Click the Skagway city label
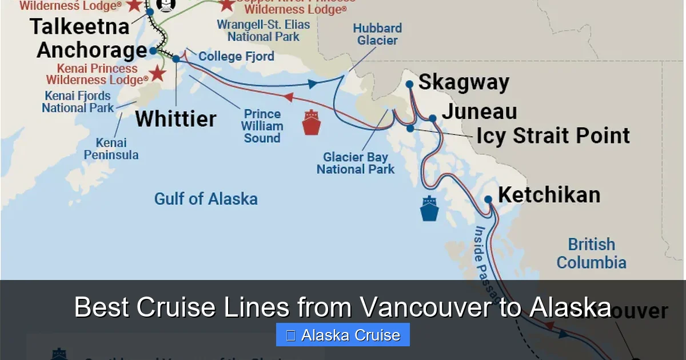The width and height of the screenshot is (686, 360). pyautogui.click(x=464, y=82)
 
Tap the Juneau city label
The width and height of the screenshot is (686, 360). pyautogui.click(x=479, y=111)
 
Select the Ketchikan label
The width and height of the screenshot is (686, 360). pyautogui.click(x=549, y=195)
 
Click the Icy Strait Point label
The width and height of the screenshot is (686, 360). pyautogui.click(x=553, y=136)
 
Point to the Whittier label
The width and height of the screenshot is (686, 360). pyautogui.click(x=176, y=119)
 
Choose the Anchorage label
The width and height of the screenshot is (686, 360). pyautogui.click(x=92, y=50)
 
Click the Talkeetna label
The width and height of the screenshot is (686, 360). pyautogui.click(x=79, y=26)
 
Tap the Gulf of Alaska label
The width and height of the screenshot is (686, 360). pyautogui.click(x=206, y=199)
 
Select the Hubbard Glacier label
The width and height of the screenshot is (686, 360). pyautogui.click(x=377, y=34)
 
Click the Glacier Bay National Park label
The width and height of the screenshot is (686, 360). pyautogui.click(x=356, y=163)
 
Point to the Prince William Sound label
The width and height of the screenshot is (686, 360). pyautogui.click(x=262, y=126)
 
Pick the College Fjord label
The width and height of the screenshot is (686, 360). pyautogui.click(x=236, y=57)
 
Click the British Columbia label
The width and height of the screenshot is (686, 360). pyautogui.click(x=592, y=254)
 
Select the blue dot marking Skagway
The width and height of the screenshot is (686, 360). pyautogui.click(x=409, y=84)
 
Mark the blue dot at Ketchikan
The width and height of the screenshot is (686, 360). pyautogui.click(x=488, y=199)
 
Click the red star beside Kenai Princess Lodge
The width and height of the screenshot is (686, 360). pyautogui.click(x=158, y=73)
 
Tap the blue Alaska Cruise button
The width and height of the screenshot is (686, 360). pyautogui.click(x=342, y=335)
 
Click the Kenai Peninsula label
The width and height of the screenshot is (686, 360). pyautogui.click(x=111, y=149)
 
